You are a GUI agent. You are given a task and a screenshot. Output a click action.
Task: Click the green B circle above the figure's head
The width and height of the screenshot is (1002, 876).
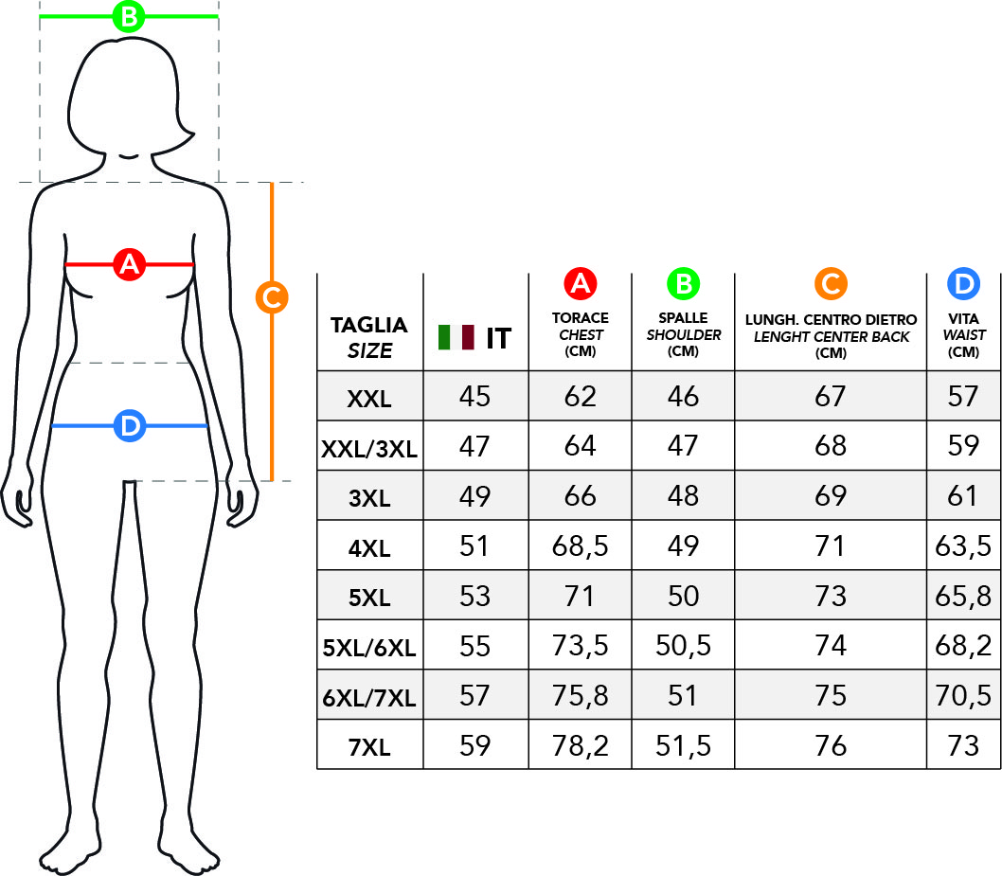[129, 17]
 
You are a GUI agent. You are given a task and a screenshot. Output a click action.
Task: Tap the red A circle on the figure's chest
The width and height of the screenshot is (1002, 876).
[130, 264]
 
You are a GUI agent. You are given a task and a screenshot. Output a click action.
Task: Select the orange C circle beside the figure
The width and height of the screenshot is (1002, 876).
[272, 297]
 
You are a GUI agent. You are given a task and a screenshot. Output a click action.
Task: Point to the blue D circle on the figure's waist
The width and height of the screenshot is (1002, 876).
[130, 425]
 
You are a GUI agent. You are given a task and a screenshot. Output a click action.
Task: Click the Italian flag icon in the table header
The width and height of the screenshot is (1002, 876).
[456, 337]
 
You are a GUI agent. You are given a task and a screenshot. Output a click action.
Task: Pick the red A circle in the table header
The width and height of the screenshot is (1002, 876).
[581, 284]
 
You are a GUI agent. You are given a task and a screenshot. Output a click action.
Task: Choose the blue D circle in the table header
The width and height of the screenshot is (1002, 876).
[964, 284]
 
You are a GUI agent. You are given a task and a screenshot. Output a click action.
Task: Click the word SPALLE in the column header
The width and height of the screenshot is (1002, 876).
[683, 317]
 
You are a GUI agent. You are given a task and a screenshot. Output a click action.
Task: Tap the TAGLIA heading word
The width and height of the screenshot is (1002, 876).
[368, 325]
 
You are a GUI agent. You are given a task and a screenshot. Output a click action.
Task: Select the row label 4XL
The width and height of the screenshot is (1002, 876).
[369, 548]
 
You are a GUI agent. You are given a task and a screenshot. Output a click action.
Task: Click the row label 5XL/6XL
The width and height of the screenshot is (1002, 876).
[369, 648]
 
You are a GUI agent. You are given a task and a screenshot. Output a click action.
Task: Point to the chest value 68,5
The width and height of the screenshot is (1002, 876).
[581, 546]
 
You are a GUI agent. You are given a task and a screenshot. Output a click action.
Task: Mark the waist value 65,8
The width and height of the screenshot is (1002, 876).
[963, 596]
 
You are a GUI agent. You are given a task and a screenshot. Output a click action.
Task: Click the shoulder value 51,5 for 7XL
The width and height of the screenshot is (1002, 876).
[683, 745]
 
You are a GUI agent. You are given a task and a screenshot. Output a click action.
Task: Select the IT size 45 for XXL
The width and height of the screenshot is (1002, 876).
[474, 397]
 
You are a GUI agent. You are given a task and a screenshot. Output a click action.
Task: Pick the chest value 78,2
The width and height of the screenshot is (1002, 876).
[581, 745]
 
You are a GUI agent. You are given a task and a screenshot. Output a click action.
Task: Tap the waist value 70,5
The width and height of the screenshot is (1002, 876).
[963, 696]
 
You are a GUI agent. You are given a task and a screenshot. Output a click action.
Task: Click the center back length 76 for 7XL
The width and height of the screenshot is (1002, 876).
[831, 745]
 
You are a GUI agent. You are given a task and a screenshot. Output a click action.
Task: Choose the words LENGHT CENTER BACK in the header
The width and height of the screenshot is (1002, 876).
[831, 337]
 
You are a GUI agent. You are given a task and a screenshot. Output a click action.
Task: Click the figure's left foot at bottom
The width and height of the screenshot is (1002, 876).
[189, 853]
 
